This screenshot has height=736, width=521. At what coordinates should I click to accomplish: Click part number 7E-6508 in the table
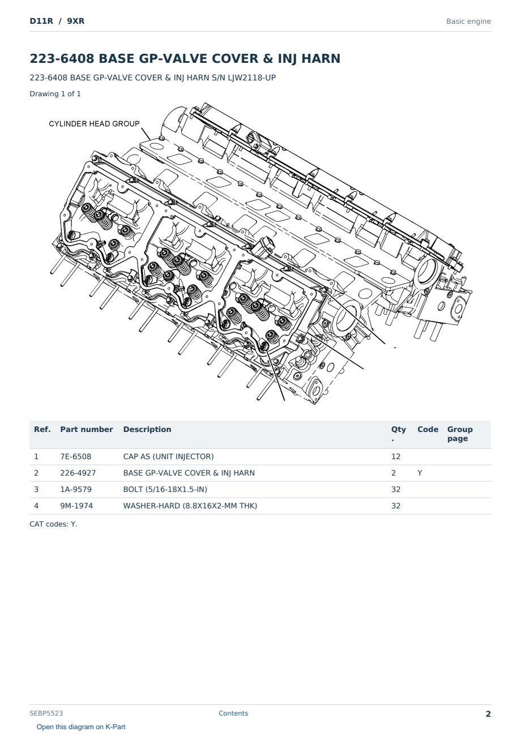[75, 456]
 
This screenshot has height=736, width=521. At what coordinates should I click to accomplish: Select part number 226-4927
[78, 473]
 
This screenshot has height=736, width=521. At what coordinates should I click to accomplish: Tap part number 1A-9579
[76, 489]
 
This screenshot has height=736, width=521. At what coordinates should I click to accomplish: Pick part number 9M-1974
[76, 506]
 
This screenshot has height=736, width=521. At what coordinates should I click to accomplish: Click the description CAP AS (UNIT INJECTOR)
[168, 456]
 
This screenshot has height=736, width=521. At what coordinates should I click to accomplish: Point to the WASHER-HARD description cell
[190, 506]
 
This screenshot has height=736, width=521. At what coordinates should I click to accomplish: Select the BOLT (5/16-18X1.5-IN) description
[165, 489]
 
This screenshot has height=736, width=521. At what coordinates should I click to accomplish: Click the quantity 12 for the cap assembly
[396, 456]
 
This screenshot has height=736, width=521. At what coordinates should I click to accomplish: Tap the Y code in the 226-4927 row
[420, 473]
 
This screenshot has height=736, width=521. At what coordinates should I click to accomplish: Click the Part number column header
[87, 430]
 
